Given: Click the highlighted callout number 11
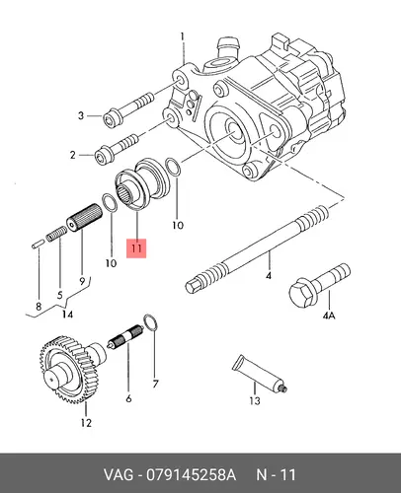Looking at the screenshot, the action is pyautogui.click(x=136, y=248).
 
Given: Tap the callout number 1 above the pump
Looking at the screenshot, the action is pyautogui.click(x=183, y=37).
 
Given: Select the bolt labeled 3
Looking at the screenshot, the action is pyautogui.click(x=128, y=109).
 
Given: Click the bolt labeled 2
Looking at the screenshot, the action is pyautogui.click(x=117, y=149).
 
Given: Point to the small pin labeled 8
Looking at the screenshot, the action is pyautogui.click(x=39, y=245).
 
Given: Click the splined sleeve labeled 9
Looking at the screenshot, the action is pyautogui.click(x=85, y=217).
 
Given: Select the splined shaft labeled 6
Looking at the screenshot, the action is pyautogui.click(x=126, y=336).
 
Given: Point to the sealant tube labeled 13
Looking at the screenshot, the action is pyautogui.click(x=260, y=375).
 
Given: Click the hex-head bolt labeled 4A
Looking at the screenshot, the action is pyautogui.click(x=319, y=285).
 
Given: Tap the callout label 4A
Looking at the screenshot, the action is pyautogui.click(x=329, y=316).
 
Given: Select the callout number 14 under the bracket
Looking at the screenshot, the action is pyautogui.click(x=67, y=315).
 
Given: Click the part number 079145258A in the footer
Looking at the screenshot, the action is pyautogui.click(x=192, y=475).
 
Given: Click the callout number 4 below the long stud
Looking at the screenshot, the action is pyautogui.click(x=269, y=275).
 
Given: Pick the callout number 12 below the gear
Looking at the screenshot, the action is pyautogui.click(x=86, y=423).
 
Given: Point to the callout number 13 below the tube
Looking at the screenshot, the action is pyautogui.click(x=255, y=400).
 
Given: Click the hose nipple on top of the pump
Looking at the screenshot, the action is pyautogui.click(x=228, y=46).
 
